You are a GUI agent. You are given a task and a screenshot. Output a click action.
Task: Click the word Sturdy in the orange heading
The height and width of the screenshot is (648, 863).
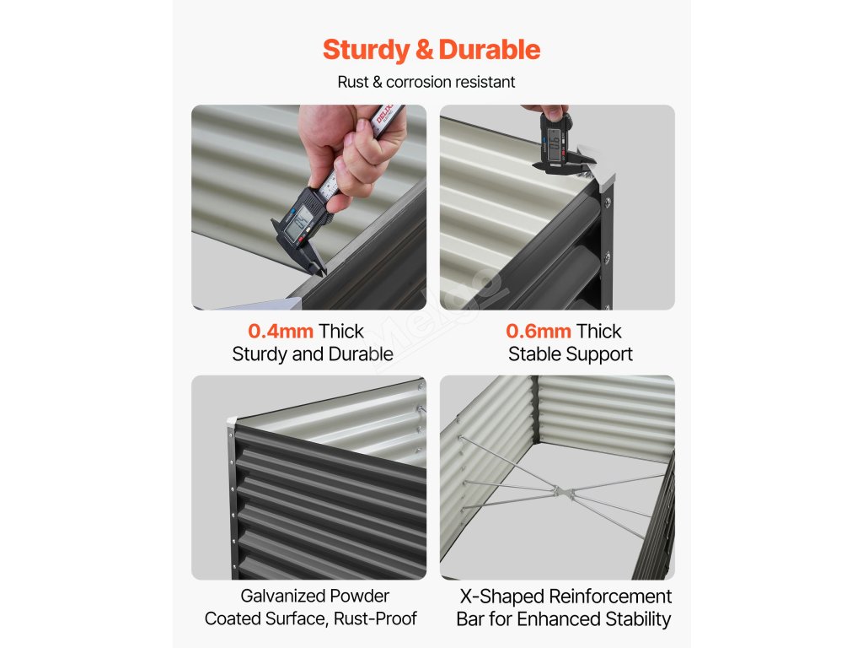click(366, 50)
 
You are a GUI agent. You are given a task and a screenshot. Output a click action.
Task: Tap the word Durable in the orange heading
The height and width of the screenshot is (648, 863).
click(490, 50)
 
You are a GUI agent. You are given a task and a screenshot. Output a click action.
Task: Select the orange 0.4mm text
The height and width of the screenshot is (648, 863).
click(281, 331)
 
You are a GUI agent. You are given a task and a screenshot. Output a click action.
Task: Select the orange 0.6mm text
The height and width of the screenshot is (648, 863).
click(539, 331)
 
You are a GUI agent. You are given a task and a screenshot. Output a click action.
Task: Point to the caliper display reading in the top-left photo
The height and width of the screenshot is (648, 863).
click(301, 221)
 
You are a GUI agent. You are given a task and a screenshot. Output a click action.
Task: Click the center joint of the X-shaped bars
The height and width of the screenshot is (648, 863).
click(563, 491)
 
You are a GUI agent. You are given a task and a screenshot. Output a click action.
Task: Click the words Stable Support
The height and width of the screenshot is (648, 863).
click(571, 354)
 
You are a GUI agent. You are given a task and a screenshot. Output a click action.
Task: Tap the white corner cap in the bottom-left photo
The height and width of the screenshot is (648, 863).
click(232, 422)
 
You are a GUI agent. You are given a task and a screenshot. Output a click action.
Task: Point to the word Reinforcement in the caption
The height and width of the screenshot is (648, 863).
click(610, 597)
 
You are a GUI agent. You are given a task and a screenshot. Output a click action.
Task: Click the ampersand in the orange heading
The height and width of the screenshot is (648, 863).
click(425, 50)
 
